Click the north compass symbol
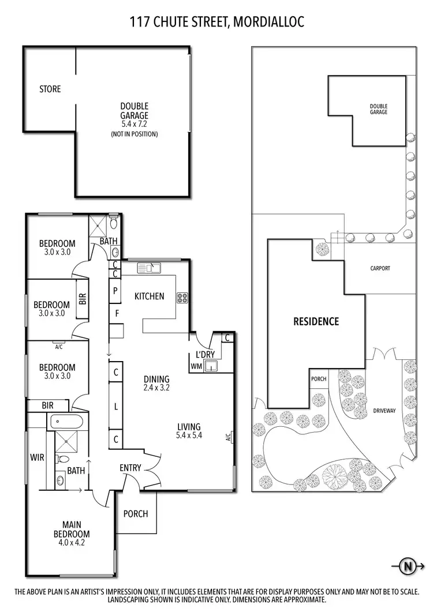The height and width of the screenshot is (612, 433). point(408,566)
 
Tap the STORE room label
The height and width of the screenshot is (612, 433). point(50,89)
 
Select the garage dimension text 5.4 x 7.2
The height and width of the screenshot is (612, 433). point(135,123)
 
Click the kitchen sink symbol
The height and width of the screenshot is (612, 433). point(148,268)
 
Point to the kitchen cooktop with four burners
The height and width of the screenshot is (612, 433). point(182,298)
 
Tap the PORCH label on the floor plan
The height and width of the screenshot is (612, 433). point(136,514)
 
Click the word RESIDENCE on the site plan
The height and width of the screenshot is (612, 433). point(316,321)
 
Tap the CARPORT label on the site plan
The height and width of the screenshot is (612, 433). point(380,268)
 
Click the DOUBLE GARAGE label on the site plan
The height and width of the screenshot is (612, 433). point(379,109)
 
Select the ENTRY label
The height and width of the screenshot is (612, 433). point(130,468)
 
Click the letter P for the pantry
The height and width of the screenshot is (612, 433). point(115,291)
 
